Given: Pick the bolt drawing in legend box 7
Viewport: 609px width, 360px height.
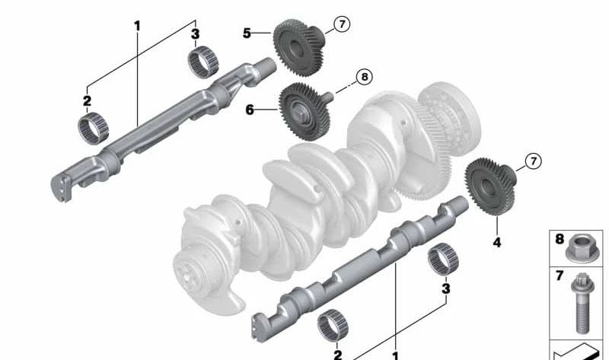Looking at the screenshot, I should pyautogui.click(x=579, y=306).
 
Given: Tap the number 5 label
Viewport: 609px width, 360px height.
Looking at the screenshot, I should pyautogui.click(x=247, y=33).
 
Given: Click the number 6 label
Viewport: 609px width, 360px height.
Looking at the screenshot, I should pyautogui.click(x=249, y=110).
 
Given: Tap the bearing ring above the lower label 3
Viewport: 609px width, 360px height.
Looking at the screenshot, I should pyautogui.click(x=441, y=261).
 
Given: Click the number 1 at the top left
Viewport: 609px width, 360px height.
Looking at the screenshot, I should pyautogui.click(x=138, y=26).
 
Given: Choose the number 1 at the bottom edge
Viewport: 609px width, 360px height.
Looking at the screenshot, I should pyautogui.click(x=394, y=355).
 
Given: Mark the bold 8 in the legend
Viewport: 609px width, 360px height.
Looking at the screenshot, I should pyautogui.click(x=560, y=239).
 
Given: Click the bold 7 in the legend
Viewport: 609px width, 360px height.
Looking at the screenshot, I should pyautogui.click(x=560, y=276).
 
